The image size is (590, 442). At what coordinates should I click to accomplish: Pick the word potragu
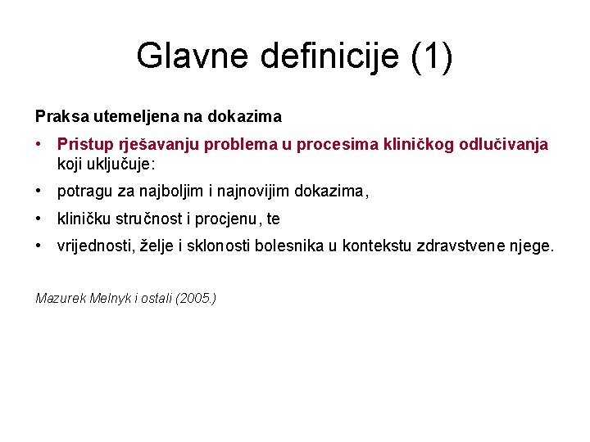[83, 192]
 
